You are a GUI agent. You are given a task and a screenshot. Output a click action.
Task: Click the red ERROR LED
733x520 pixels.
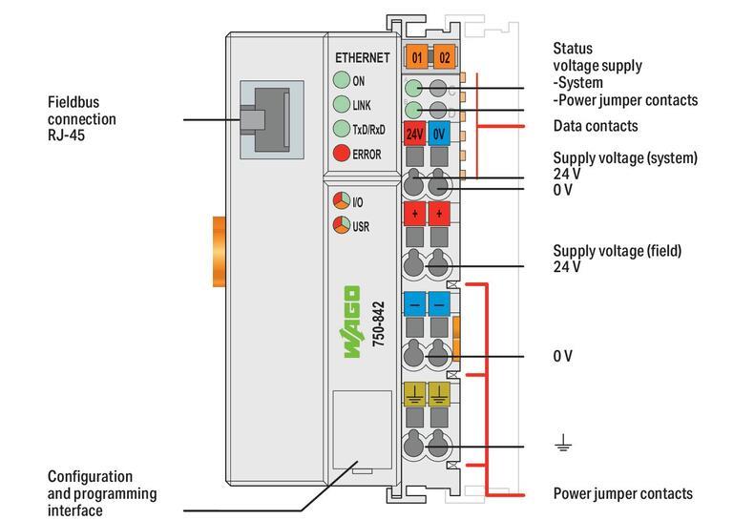[x=341, y=154]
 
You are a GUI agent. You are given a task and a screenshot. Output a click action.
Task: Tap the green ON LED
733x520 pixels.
[x=341, y=81]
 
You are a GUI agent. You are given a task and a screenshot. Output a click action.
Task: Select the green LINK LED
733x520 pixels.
[x=341, y=104]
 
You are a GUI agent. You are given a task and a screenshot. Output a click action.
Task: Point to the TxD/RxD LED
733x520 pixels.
[x=341, y=129]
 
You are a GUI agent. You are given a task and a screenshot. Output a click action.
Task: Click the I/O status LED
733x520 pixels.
[x=341, y=202]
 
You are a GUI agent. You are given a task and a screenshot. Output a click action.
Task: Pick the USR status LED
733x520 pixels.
[x=341, y=226]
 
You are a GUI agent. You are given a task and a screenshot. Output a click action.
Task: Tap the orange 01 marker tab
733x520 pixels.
[x=417, y=57]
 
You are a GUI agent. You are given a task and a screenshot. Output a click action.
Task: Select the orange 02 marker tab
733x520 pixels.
[x=444, y=57]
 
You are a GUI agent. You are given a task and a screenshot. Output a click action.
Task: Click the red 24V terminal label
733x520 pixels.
[x=415, y=135]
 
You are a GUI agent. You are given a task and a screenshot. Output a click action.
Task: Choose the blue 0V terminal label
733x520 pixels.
[x=440, y=135]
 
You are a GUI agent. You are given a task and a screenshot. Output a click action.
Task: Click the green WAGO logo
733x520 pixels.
[x=351, y=324]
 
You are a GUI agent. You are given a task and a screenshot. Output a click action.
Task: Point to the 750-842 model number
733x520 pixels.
[x=378, y=324]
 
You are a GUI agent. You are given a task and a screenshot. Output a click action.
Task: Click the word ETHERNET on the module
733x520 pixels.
[x=361, y=58]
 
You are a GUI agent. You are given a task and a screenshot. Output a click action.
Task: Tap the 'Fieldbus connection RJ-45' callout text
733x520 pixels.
[x=82, y=119]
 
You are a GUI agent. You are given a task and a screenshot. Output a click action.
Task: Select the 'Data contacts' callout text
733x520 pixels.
[x=596, y=126]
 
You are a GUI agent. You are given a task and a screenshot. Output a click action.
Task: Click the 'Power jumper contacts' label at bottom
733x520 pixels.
[x=622, y=493]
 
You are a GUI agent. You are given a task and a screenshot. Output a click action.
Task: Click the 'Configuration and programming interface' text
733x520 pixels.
[x=102, y=493]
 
